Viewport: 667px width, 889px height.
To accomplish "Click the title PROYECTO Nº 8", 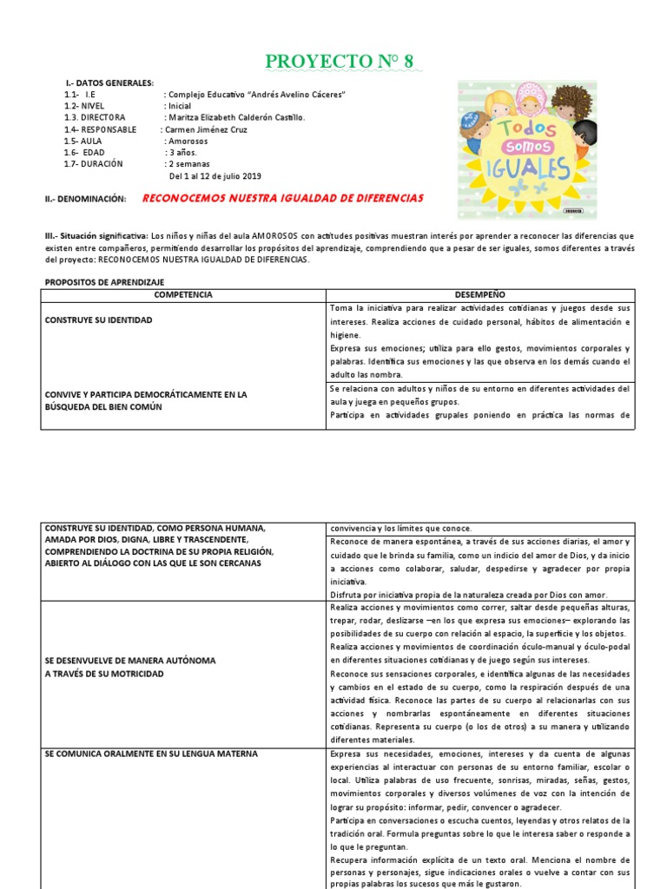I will (339, 61).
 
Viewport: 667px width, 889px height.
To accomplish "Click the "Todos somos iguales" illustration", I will (527, 149).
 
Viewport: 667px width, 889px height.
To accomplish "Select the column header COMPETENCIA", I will (182, 295).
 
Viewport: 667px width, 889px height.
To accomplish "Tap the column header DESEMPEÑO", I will (479, 295).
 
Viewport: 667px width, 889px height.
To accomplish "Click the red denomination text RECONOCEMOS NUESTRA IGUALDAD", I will (282, 199).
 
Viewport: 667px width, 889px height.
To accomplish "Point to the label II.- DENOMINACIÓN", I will (85, 200).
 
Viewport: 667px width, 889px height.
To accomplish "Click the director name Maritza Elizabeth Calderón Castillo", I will (236, 118).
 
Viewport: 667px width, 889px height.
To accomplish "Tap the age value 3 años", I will (181, 152).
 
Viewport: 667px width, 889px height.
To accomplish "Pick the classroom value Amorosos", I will (188, 141).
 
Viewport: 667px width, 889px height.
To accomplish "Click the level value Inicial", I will (180, 107).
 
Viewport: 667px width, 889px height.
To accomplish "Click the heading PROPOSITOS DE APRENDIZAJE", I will (104, 283).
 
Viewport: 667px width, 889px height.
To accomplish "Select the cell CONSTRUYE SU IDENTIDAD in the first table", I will (98, 320).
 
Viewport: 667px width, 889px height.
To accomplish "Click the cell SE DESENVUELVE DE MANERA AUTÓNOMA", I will (130, 661).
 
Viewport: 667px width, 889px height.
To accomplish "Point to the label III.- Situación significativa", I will (96, 236).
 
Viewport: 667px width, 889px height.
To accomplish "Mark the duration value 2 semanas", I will (189, 163).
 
